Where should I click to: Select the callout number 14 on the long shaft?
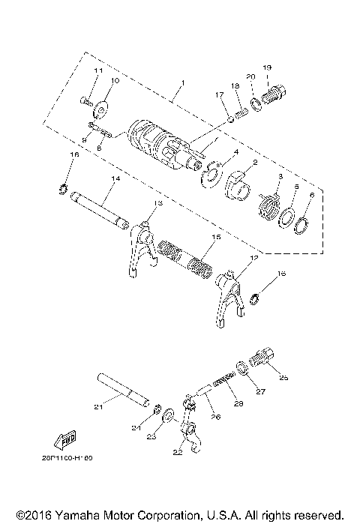(115, 180)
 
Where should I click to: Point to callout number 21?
(97, 407)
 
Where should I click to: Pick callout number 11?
(97, 70)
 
